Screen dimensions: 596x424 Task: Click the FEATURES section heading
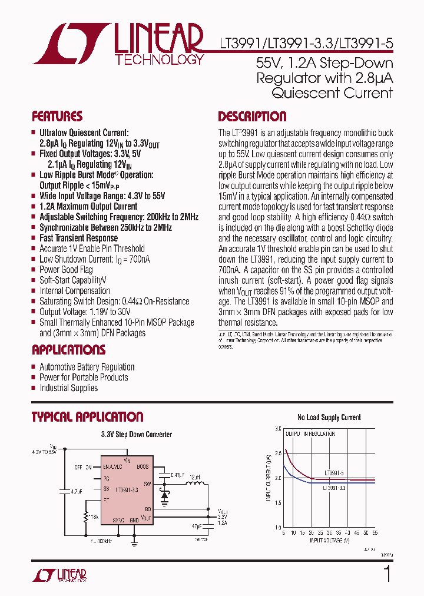[57, 116]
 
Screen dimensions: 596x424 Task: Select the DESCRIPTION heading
[252, 116]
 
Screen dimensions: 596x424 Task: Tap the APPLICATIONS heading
[68, 350]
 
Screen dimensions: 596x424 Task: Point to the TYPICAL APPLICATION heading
[87, 417]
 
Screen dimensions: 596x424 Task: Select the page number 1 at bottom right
[387, 574]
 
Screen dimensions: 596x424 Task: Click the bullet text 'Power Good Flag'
[66, 270]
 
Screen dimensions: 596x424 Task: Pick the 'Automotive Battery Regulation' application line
[87, 367]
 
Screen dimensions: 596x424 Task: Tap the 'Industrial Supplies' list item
[68, 388]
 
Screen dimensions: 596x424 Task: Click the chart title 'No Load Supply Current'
[329, 418]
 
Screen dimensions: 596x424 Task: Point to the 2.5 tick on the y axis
[278, 453]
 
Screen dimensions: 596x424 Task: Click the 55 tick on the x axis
[375, 532]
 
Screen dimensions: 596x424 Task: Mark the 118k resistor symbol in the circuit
[87, 516]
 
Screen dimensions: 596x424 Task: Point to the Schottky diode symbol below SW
[164, 496]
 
